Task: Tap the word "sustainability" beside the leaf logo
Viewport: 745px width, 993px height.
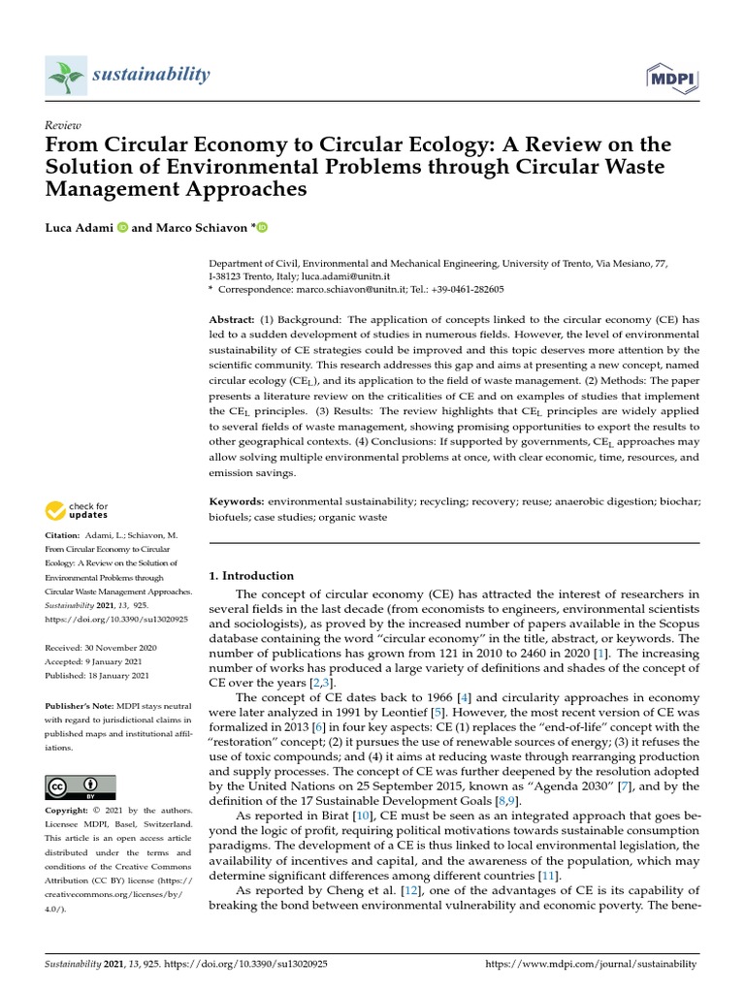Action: coord(150,75)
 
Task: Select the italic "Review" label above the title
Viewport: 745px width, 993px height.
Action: coord(62,126)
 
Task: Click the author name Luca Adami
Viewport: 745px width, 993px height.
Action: coord(79,228)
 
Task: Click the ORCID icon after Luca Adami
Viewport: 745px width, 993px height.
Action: coord(122,228)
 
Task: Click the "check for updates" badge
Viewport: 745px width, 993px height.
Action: coord(77,510)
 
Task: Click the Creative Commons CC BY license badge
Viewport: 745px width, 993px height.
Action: coord(81,786)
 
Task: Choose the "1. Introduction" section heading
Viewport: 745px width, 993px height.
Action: coord(251,575)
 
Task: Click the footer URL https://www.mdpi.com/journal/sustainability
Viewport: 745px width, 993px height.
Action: coord(590,964)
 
